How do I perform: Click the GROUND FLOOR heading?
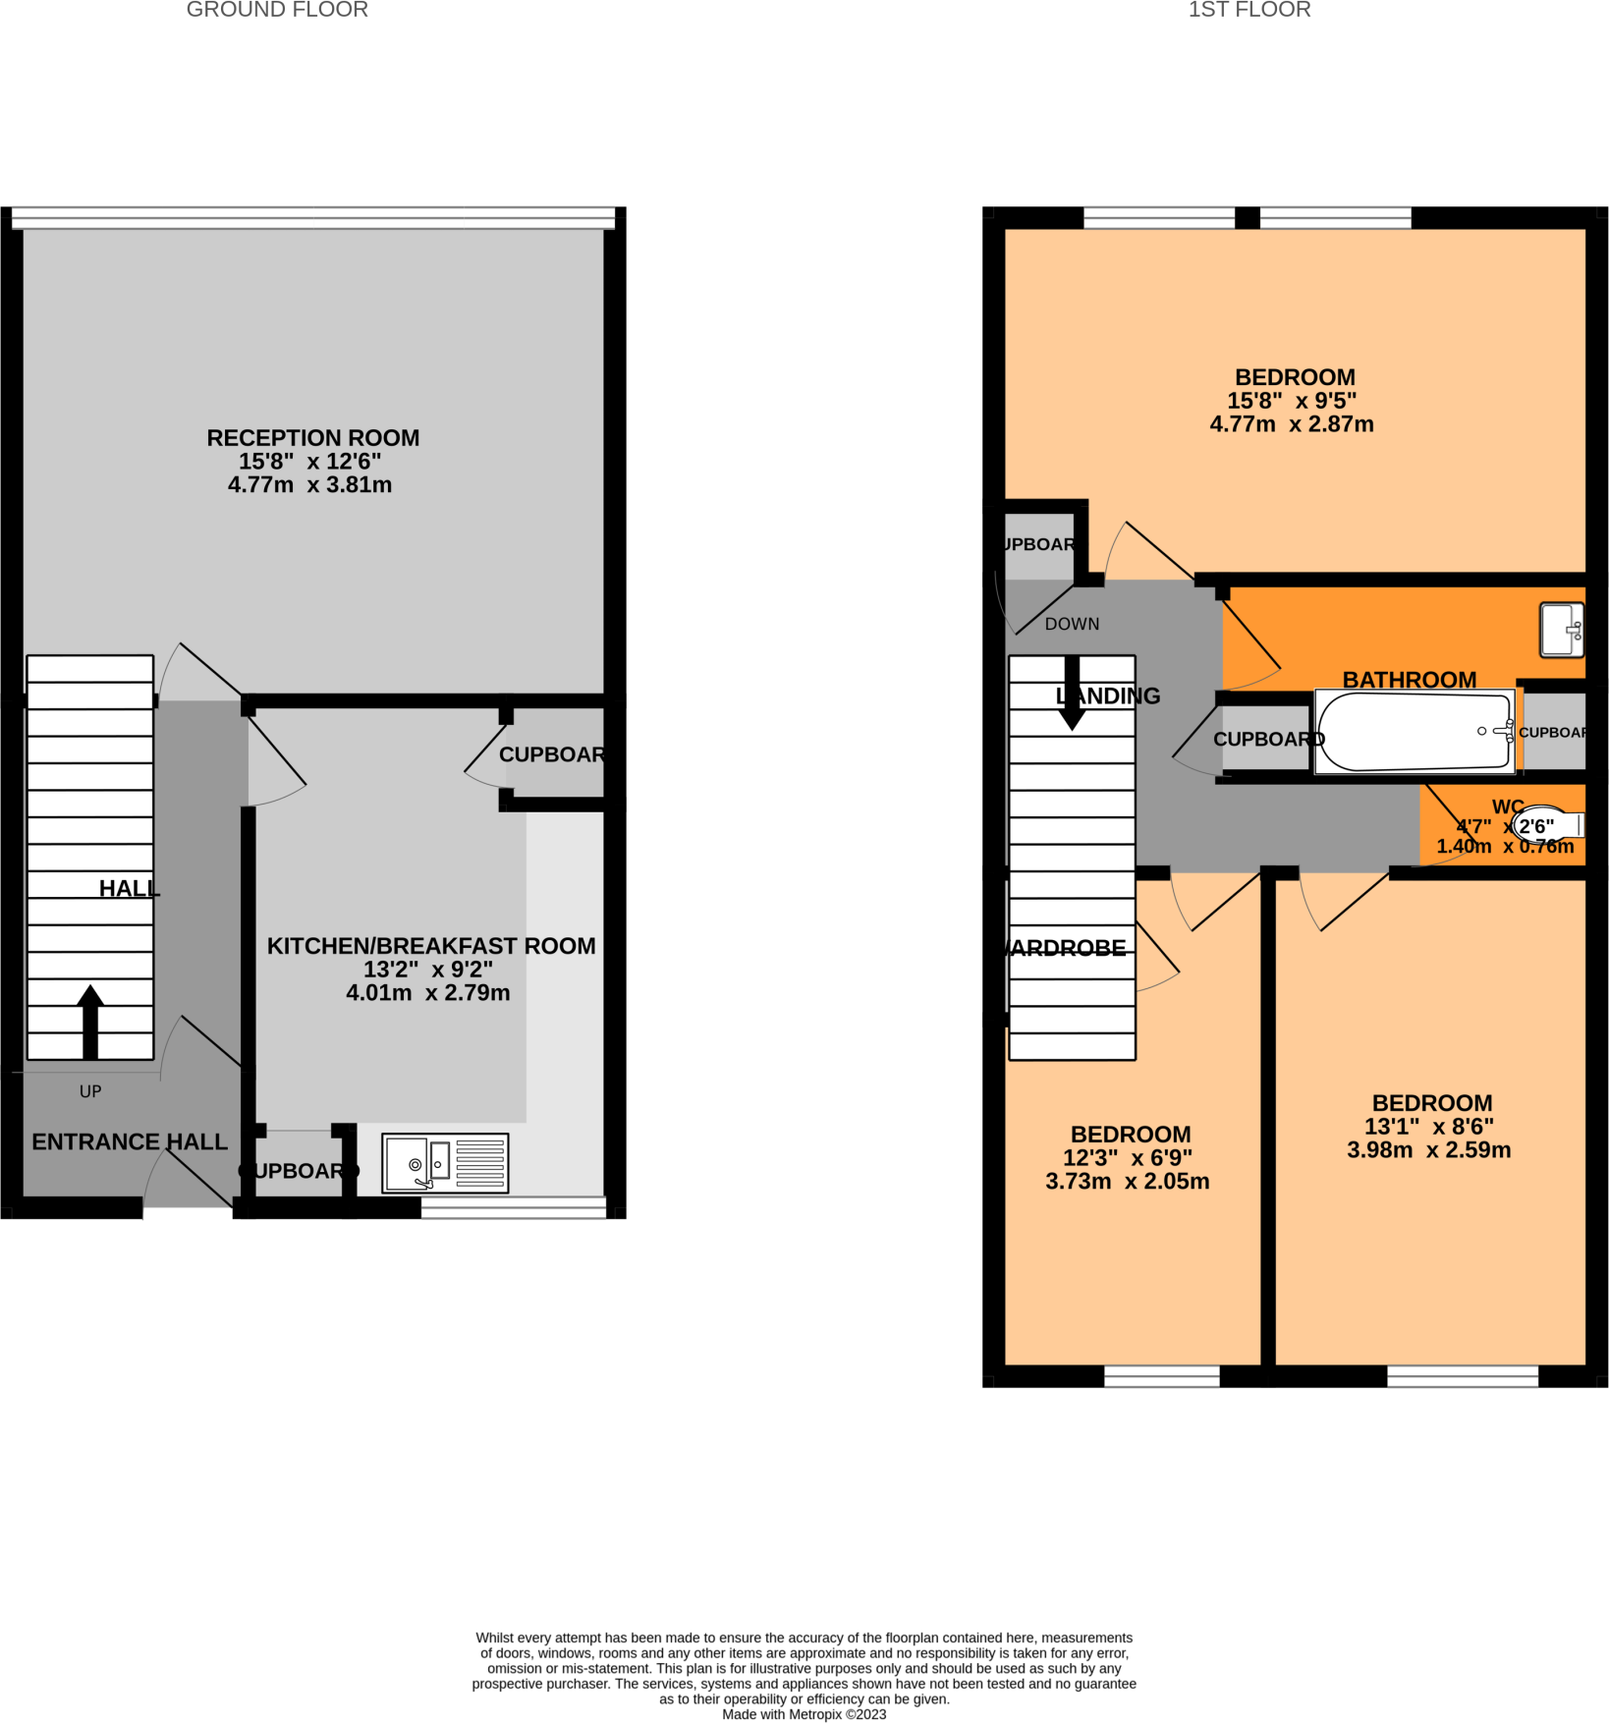(277, 10)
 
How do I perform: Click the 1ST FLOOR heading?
(1248, 10)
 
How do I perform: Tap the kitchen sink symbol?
(445, 1163)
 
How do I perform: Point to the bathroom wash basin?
(1561, 630)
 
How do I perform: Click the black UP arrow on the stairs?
(90, 1022)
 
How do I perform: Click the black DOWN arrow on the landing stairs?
(1072, 693)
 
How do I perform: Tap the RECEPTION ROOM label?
(312, 438)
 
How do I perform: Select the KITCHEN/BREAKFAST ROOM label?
(431, 946)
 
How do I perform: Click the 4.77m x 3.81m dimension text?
(309, 484)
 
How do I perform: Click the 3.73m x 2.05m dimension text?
(1127, 1181)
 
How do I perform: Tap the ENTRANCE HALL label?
(129, 1141)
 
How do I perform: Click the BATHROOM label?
(1409, 680)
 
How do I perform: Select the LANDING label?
(1108, 695)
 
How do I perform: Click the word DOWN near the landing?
(1072, 624)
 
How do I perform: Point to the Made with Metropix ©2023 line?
(804, 1714)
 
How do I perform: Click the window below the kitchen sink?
(513, 1207)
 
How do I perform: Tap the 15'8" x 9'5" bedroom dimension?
(1291, 401)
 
